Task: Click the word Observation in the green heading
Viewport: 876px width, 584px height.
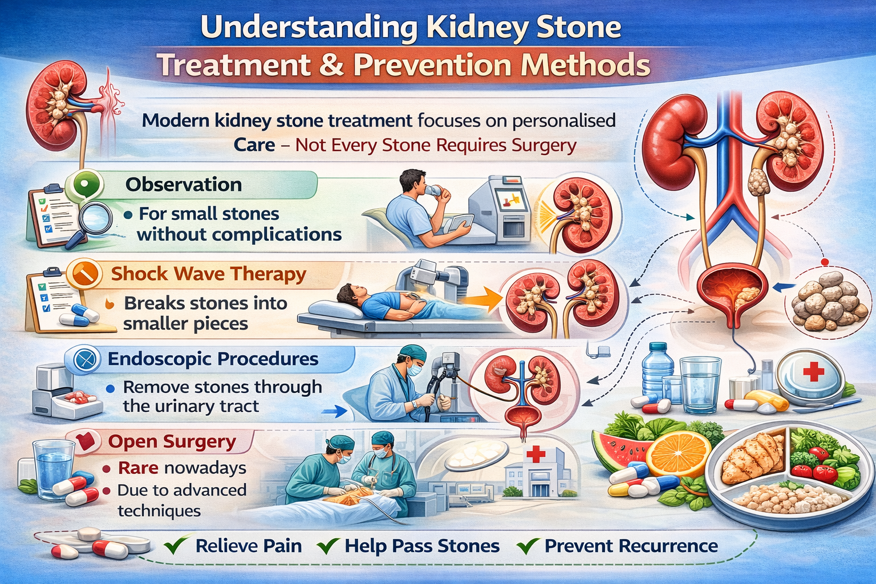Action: coord(184,185)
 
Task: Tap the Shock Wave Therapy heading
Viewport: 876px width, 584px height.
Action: coord(208,274)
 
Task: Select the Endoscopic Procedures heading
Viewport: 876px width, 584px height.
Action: coord(213,359)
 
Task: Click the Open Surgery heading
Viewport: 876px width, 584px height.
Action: coord(172,442)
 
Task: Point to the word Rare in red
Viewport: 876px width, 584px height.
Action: coord(138,468)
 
